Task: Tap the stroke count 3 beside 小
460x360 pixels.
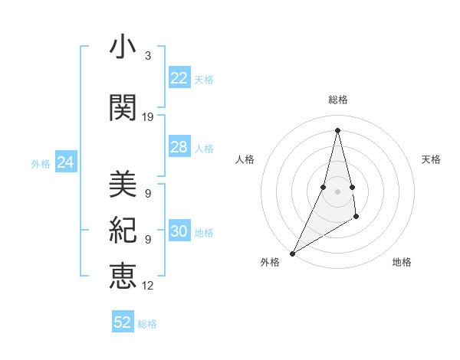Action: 147,56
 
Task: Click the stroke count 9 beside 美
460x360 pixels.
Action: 147,194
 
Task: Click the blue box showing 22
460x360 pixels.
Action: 179,78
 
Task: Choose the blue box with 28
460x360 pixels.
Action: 179,147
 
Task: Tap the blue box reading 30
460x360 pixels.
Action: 179,232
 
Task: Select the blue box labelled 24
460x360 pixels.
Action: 65,162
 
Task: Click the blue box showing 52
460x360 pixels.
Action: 123,322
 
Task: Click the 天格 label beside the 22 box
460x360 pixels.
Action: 203,79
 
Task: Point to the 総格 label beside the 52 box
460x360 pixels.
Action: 147,323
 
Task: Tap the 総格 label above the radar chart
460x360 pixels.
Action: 337,100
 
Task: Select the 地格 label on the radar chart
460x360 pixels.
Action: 402,262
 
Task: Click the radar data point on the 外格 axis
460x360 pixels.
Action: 292,253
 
